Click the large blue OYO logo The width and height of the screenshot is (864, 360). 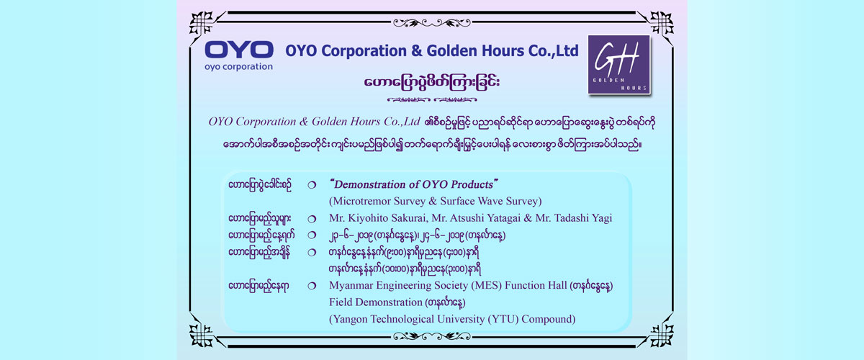tap(239, 50)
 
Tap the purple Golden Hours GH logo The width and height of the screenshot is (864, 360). tap(619, 64)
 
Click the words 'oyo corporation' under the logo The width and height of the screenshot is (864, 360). tap(238, 67)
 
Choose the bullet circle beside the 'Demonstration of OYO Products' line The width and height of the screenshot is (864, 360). tap(312, 185)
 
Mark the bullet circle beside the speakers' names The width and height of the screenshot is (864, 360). tap(312, 219)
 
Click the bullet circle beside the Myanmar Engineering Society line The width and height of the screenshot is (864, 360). tap(312, 286)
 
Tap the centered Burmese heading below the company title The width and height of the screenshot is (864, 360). tap(431, 82)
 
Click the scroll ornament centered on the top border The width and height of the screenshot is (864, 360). tap(431, 23)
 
